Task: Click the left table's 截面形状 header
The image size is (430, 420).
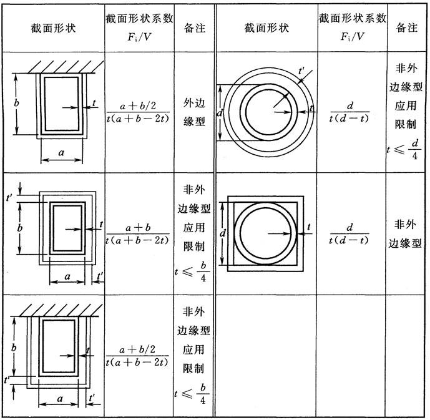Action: [x=53, y=28]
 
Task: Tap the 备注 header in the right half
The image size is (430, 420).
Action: [x=407, y=27]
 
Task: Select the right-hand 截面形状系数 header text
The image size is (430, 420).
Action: [x=353, y=18]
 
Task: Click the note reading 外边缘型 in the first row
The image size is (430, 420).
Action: [x=194, y=112]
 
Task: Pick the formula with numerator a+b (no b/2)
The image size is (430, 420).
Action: [x=138, y=234]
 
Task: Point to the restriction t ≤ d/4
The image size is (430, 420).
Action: [x=404, y=149]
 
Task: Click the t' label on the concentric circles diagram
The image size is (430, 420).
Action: [x=301, y=71]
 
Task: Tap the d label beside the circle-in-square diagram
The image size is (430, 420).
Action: [x=223, y=233]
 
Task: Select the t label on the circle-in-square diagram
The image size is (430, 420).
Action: [x=309, y=227]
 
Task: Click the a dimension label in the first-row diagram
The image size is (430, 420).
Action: [x=61, y=152]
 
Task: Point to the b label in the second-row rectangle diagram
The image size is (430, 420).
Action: [x=20, y=228]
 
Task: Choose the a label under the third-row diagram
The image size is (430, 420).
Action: [x=60, y=398]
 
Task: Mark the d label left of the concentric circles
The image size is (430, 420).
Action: [x=220, y=112]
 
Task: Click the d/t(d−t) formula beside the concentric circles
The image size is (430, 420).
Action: [x=349, y=112]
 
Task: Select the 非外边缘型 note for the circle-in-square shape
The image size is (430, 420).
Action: [x=405, y=234]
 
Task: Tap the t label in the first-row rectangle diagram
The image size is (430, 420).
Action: [x=94, y=103]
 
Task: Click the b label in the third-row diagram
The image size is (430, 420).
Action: [x=14, y=348]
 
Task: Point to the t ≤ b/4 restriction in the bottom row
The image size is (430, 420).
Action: [x=192, y=394]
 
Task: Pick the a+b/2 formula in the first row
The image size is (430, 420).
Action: [x=138, y=112]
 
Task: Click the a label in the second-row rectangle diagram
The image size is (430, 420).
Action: [x=67, y=276]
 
